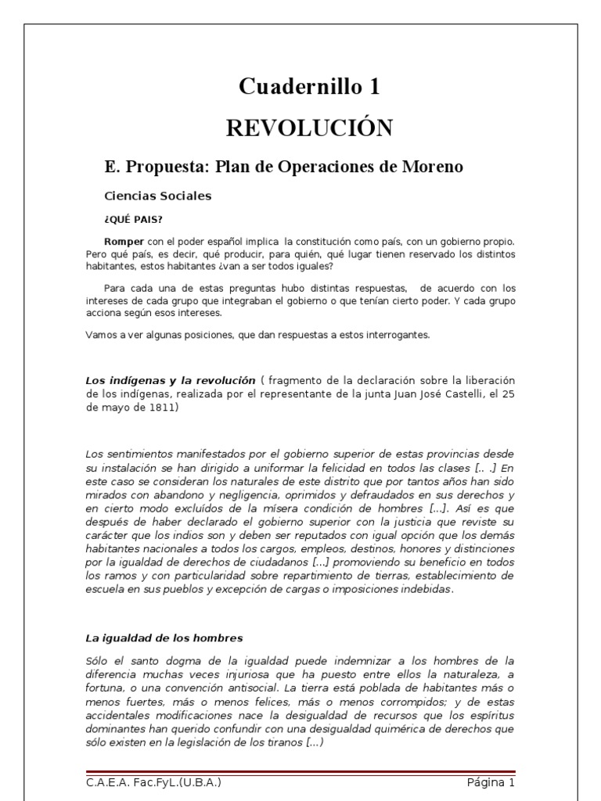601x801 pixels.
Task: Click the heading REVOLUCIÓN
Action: [x=309, y=128]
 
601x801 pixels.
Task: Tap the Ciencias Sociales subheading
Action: [x=158, y=196]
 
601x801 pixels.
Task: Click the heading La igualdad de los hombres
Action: [x=164, y=638]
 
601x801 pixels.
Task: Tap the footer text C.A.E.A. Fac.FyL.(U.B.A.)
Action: [x=159, y=782]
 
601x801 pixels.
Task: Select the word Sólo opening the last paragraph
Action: [x=98, y=661]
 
